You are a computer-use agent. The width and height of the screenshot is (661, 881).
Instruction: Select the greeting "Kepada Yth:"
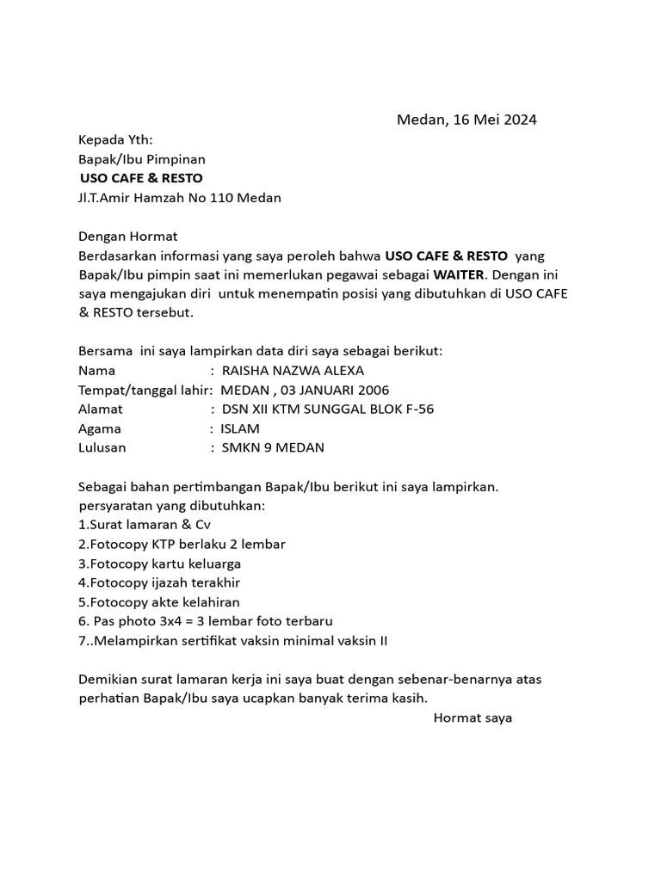pyautogui.click(x=116, y=140)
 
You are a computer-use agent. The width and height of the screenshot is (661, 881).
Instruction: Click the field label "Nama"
pyautogui.click(x=96, y=371)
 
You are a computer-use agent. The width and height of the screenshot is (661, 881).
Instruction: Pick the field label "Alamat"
pyautogui.click(x=101, y=409)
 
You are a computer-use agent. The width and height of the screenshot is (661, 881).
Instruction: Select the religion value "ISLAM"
pyautogui.click(x=240, y=428)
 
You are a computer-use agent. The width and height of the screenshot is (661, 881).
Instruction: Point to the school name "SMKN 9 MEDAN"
pyautogui.click(x=273, y=447)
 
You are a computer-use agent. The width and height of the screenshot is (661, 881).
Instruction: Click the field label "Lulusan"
pyautogui.click(x=102, y=447)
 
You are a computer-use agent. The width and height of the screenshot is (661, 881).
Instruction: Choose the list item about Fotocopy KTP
pyautogui.click(x=182, y=544)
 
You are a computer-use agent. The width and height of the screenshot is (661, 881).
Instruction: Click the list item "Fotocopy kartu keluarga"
pyautogui.click(x=159, y=564)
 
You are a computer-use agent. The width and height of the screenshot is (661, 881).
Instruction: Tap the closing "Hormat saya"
pyautogui.click(x=473, y=718)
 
